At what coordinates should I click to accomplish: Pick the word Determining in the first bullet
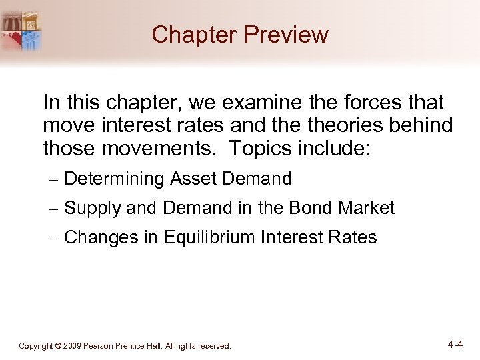point(115,179)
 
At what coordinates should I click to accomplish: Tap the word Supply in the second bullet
point(93,209)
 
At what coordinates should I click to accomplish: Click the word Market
point(367,209)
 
